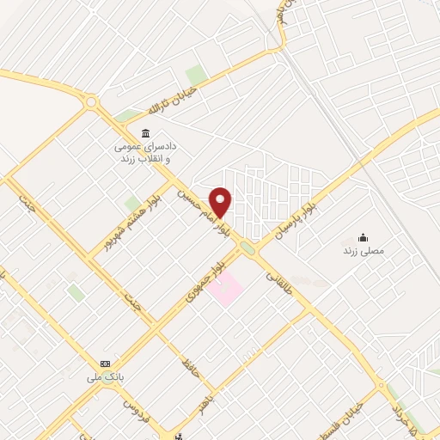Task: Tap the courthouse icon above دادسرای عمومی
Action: tap(144, 133)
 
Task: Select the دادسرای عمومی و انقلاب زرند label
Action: tap(144, 153)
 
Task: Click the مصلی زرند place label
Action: tap(363, 251)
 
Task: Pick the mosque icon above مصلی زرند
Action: tap(363, 237)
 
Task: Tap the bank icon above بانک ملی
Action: tap(106, 364)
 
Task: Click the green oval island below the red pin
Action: tap(247, 248)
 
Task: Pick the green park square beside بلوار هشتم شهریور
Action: tap(131, 204)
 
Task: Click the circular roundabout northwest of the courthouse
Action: tap(92, 104)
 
